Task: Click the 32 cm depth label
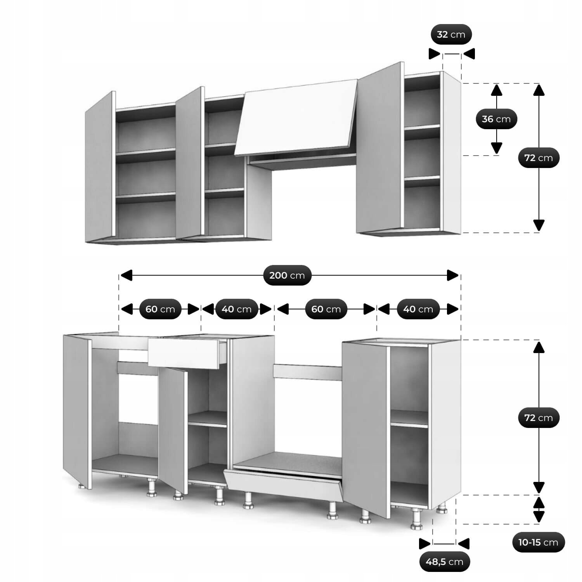tap(451, 35)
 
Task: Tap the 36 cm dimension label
tap(496, 119)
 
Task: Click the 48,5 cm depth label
tap(444, 561)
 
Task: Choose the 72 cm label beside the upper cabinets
tap(539, 158)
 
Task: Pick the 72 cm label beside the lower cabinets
tap(539, 418)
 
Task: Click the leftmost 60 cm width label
tap(160, 309)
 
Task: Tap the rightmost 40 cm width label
tap(418, 309)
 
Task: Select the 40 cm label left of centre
tap(237, 309)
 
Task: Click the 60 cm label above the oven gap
tap(326, 309)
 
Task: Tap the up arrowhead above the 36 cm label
tap(497, 90)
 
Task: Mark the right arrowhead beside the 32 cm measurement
tap(469, 54)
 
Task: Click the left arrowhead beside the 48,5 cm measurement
tap(425, 544)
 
